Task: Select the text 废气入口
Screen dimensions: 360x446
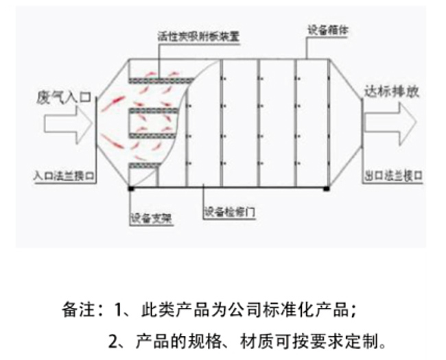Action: pyautogui.click(x=63, y=98)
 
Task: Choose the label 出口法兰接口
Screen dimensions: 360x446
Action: pyautogui.click(x=392, y=176)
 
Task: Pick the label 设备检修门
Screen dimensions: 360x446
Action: pyautogui.click(x=230, y=213)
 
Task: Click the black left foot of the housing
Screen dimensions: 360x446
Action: pyautogui.click(x=130, y=188)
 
